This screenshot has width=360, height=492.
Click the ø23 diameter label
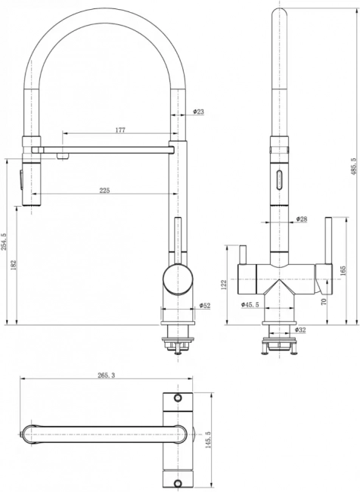[x=198, y=111]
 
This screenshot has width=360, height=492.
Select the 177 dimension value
[x=120, y=130]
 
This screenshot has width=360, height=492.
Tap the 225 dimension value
[x=104, y=191]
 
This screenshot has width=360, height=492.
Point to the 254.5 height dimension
[x=4, y=241]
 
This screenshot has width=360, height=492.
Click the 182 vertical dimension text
[x=13, y=265]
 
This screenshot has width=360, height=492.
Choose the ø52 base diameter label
[x=205, y=305]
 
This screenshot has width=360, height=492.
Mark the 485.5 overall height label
[x=354, y=165]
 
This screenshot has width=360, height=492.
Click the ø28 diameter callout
[x=301, y=219]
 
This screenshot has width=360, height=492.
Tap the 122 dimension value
[x=224, y=285]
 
